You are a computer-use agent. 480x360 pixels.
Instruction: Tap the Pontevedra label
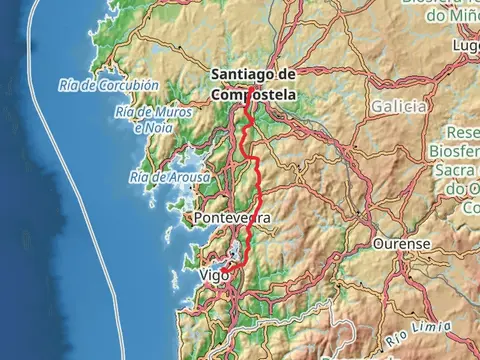click(234, 217)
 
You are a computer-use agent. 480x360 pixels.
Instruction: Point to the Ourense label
click(401, 243)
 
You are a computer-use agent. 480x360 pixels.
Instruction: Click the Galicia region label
click(398, 106)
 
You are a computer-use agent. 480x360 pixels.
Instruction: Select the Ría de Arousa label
click(170, 177)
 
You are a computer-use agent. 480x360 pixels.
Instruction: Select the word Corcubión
click(129, 86)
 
